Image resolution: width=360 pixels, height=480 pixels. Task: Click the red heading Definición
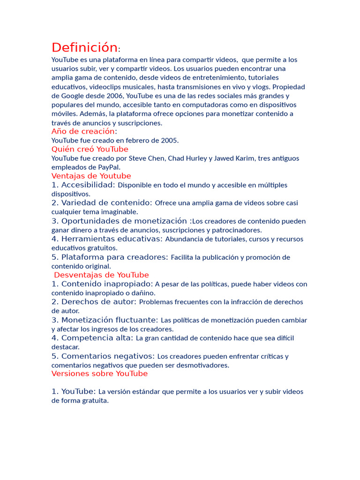[x=84, y=48]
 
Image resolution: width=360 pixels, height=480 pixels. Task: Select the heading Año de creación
[x=83, y=131]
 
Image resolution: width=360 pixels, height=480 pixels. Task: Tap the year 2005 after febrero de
[x=169, y=140]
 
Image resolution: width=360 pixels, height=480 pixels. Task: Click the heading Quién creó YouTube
[x=90, y=149]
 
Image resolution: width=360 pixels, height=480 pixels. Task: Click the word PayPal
[x=108, y=167]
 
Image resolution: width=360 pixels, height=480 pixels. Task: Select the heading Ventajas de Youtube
[x=91, y=176]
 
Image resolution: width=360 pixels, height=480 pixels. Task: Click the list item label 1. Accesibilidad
[x=83, y=185]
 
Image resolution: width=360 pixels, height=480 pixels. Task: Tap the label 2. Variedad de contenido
[x=102, y=203]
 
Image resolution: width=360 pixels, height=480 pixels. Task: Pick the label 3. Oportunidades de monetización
[x=121, y=221]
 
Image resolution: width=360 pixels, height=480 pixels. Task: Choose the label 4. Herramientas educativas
[x=107, y=239]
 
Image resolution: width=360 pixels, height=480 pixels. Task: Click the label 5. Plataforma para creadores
[x=110, y=257]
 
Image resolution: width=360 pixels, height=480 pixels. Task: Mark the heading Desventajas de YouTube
[x=101, y=275]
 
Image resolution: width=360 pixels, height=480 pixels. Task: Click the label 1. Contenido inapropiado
[x=102, y=284]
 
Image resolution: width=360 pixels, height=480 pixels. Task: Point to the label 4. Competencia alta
[x=92, y=338]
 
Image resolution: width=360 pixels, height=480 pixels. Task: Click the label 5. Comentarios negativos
[x=103, y=356]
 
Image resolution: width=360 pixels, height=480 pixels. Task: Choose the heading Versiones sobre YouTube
[x=99, y=374]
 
